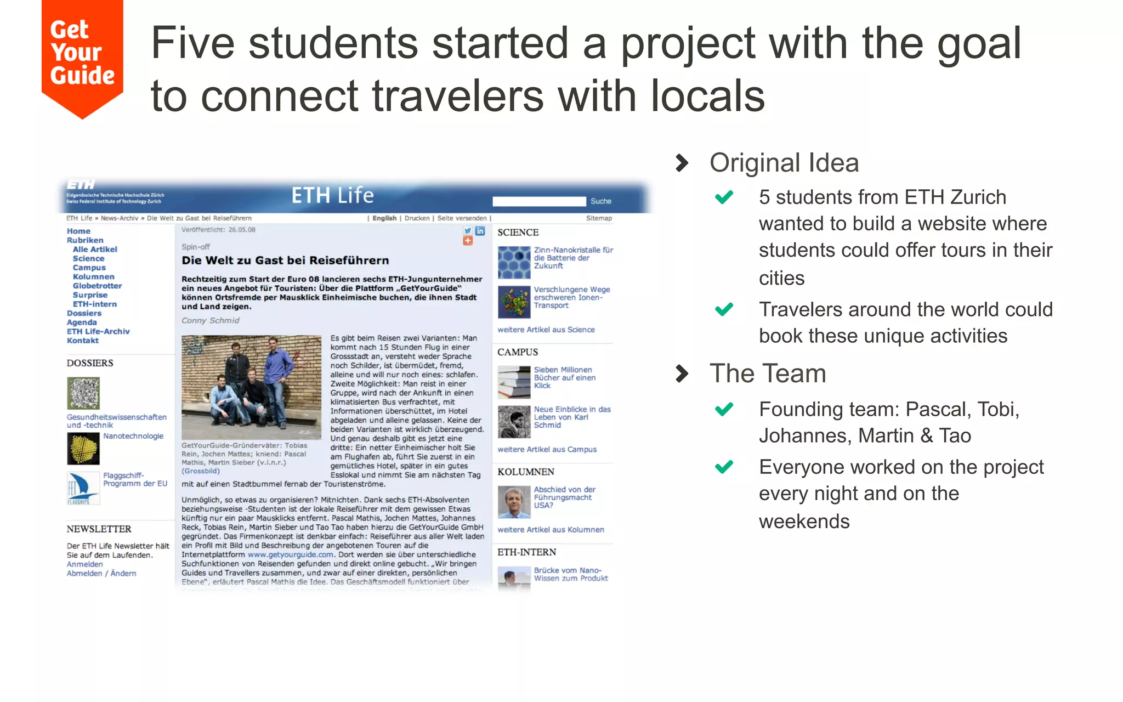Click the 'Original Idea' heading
(x=784, y=163)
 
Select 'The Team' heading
(x=767, y=373)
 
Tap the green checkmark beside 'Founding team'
(x=724, y=409)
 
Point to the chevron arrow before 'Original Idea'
(x=682, y=163)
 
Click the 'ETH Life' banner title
(x=332, y=195)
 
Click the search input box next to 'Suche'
(x=538, y=201)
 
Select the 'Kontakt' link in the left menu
(x=83, y=341)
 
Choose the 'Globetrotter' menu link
(x=97, y=286)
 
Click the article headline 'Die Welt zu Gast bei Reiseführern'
(x=285, y=261)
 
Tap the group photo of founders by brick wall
(x=251, y=387)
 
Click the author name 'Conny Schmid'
(x=211, y=320)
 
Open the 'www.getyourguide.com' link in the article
(x=290, y=554)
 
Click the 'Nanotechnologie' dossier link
(x=133, y=436)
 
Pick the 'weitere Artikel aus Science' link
(x=546, y=330)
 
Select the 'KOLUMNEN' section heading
(x=525, y=472)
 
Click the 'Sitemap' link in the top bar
(x=599, y=218)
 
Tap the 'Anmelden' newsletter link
(x=84, y=564)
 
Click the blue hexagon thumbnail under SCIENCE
(x=514, y=262)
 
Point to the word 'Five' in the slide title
(x=192, y=44)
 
